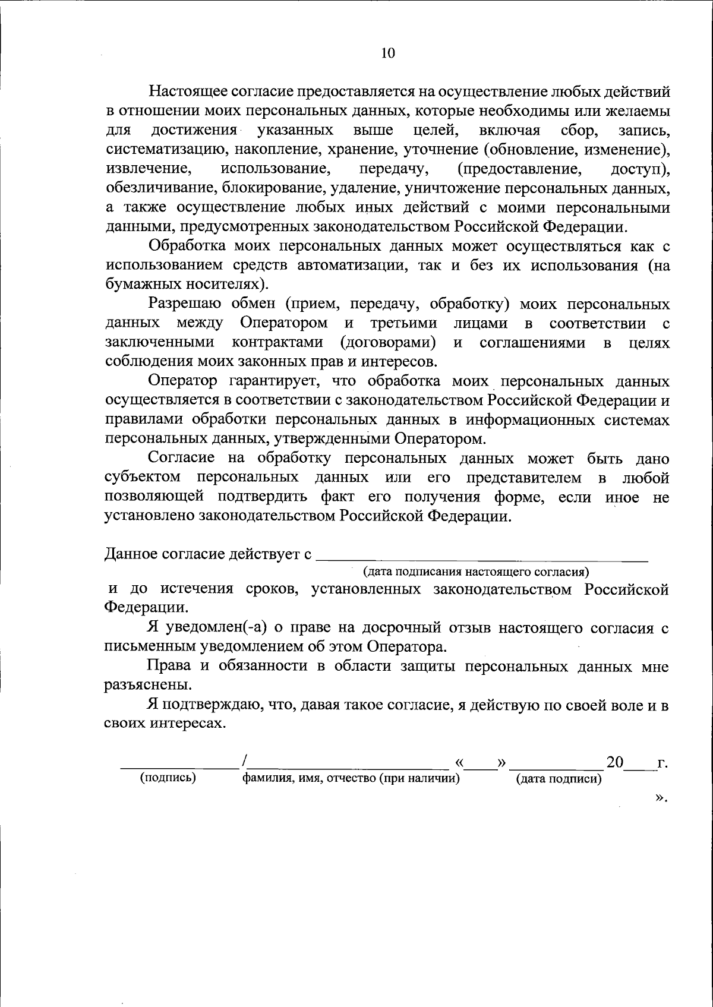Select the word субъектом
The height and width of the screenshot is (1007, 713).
coord(141,478)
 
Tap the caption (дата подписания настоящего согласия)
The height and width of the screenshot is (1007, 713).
coord(476,572)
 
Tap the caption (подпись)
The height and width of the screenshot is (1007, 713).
coord(168,778)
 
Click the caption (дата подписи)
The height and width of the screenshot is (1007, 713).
coord(559,779)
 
